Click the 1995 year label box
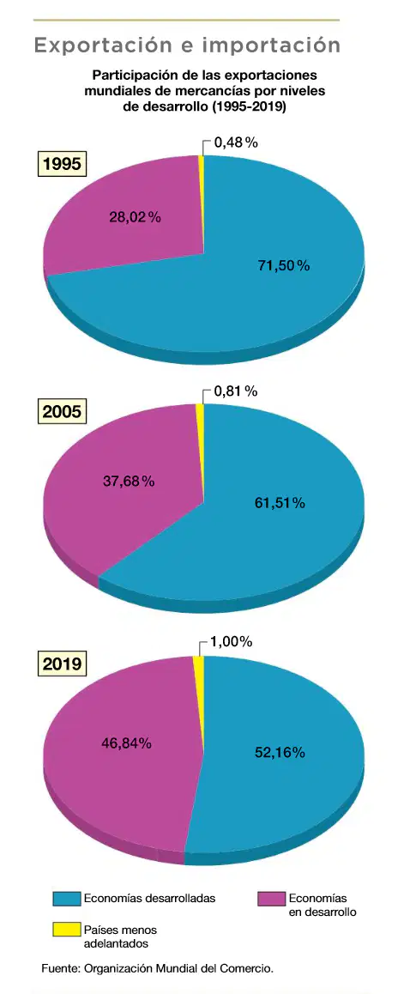click(62, 165)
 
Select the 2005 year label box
click(62, 412)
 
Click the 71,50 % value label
click(283, 265)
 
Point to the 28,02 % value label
click(136, 217)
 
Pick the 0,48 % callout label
click(236, 142)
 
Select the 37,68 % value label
click(129, 482)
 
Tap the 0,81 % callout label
click(236, 391)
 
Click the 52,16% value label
click(280, 753)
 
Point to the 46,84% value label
click(127, 743)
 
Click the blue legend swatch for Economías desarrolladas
click(67, 898)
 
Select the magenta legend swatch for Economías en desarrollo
click(270, 898)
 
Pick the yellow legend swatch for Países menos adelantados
click(67, 930)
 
